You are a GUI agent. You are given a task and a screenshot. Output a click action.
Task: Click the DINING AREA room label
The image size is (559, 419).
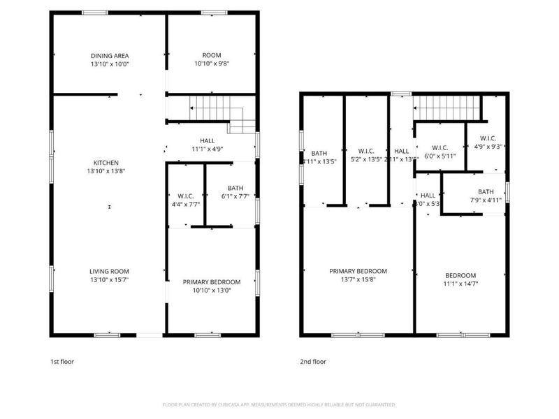pyautogui.click(x=110, y=56)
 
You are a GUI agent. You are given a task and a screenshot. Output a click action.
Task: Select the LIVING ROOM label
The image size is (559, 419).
pyautogui.click(x=109, y=271)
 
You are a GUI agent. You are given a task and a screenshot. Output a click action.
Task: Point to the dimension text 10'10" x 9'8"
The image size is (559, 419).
pyautogui.click(x=212, y=64)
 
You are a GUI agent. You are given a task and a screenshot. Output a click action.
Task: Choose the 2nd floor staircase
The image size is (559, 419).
pyautogui.click(x=448, y=109)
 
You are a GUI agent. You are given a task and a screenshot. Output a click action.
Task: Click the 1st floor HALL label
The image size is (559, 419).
pyautogui.click(x=207, y=140)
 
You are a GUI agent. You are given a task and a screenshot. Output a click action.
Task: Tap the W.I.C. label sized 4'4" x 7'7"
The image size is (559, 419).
pyautogui.click(x=185, y=196)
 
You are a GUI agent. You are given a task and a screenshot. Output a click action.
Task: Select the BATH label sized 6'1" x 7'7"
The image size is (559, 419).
pyautogui.click(x=235, y=188)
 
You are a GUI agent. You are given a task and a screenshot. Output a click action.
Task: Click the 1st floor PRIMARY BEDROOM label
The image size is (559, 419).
pyautogui.click(x=212, y=281)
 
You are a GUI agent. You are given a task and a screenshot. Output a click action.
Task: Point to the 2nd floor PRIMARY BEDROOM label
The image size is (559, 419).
pyautogui.click(x=358, y=271)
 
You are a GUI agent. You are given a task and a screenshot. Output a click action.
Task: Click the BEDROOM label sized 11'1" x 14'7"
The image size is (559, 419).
pyautogui.click(x=461, y=275)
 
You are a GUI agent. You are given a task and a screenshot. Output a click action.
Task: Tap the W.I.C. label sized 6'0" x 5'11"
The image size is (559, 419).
pyautogui.click(x=440, y=147)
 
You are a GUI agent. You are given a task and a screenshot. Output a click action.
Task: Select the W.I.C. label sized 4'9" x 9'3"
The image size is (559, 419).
pyautogui.click(x=487, y=138)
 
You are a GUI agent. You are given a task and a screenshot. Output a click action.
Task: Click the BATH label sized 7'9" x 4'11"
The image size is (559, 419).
pyautogui.click(x=486, y=192)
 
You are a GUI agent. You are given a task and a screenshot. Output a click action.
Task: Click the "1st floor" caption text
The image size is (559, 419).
pyautogui.click(x=62, y=362)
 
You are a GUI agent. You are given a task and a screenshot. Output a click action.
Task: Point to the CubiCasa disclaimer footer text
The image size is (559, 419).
pyautogui.click(x=279, y=405)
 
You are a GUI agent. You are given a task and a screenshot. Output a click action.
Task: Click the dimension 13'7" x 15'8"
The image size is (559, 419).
pyautogui.click(x=358, y=279)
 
